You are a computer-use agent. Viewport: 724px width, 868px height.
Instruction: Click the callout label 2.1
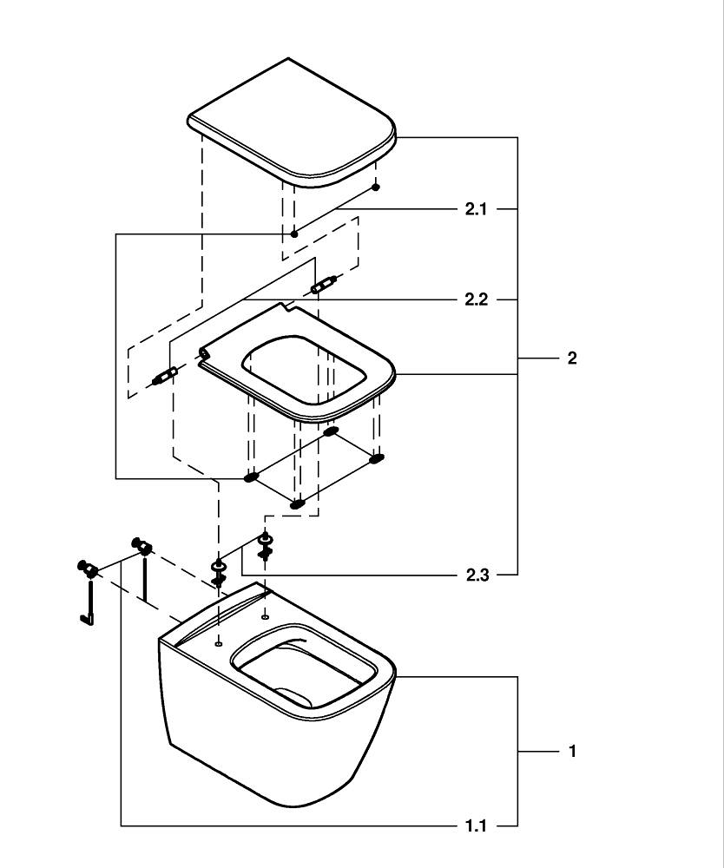pyautogui.click(x=476, y=209)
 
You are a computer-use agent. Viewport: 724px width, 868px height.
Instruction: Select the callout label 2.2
pyautogui.click(x=476, y=299)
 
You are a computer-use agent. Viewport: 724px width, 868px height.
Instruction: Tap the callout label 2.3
pyautogui.click(x=476, y=575)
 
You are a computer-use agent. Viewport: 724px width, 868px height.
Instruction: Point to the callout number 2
pyautogui.click(x=571, y=358)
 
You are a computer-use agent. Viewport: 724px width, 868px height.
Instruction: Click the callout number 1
pyautogui.click(x=571, y=752)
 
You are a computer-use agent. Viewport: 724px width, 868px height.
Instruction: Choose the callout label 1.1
pyautogui.click(x=476, y=825)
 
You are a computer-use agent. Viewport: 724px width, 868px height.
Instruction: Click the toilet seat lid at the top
pyautogui.click(x=292, y=122)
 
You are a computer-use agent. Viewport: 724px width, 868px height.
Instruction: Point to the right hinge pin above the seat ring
pyautogui.click(x=324, y=283)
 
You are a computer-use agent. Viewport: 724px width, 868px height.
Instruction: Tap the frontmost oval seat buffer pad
pyautogui.click(x=298, y=503)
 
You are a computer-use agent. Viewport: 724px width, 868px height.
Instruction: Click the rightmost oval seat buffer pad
pyautogui.click(x=376, y=457)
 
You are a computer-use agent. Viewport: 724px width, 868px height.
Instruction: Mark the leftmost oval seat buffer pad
pyautogui.click(x=252, y=477)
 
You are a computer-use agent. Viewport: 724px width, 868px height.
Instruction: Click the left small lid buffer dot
pyautogui.click(x=294, y=233)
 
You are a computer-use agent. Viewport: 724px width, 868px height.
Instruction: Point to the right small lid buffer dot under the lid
pyautogui.click(x=375, y=186)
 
